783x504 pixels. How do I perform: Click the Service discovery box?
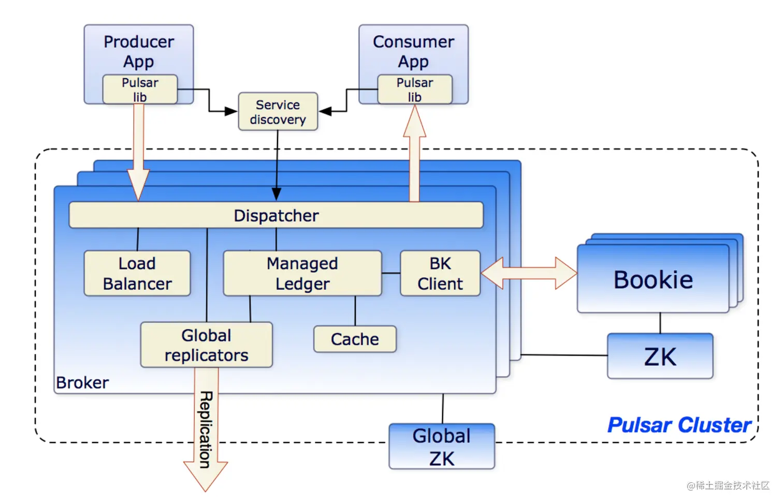278,112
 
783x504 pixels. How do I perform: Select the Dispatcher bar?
276,215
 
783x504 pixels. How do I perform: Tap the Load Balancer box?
137,274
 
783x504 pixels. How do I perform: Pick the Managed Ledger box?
302,274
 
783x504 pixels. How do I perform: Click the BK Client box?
440,274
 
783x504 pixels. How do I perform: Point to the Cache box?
355,339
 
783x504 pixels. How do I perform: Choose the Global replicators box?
206,345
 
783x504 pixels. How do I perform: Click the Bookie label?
653,280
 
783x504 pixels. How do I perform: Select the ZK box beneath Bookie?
660,357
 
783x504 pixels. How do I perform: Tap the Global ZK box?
442,447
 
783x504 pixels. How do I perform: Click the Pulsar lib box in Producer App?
140,90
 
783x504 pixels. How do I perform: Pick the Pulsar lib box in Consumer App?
415,90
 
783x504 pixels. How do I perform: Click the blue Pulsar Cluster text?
679,425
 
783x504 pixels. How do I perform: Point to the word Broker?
82,383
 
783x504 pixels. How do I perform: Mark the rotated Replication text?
206,429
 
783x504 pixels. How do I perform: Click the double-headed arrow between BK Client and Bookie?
529,273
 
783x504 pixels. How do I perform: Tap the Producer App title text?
139,51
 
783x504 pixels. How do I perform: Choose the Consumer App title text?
413,51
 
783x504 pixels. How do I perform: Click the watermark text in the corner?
728,485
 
